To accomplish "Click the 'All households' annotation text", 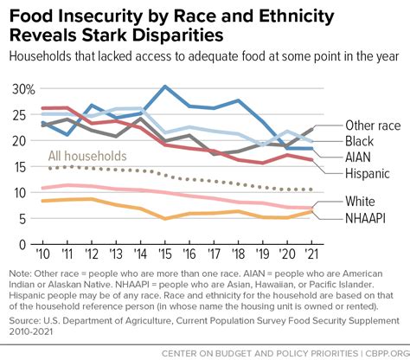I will click(x=86, y=156).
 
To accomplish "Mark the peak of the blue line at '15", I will click(x=164, y=87).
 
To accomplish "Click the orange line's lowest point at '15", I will click(x=164, y=218).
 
